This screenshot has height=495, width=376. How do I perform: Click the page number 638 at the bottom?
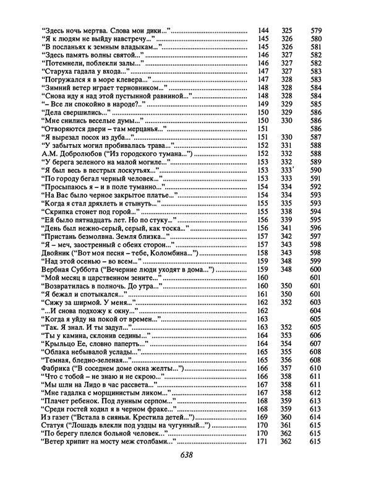coord(187,453)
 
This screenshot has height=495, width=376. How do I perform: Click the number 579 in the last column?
coord(316,30)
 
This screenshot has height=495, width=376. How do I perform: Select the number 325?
coord(287,30)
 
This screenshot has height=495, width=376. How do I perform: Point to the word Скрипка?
coord(60,211)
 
